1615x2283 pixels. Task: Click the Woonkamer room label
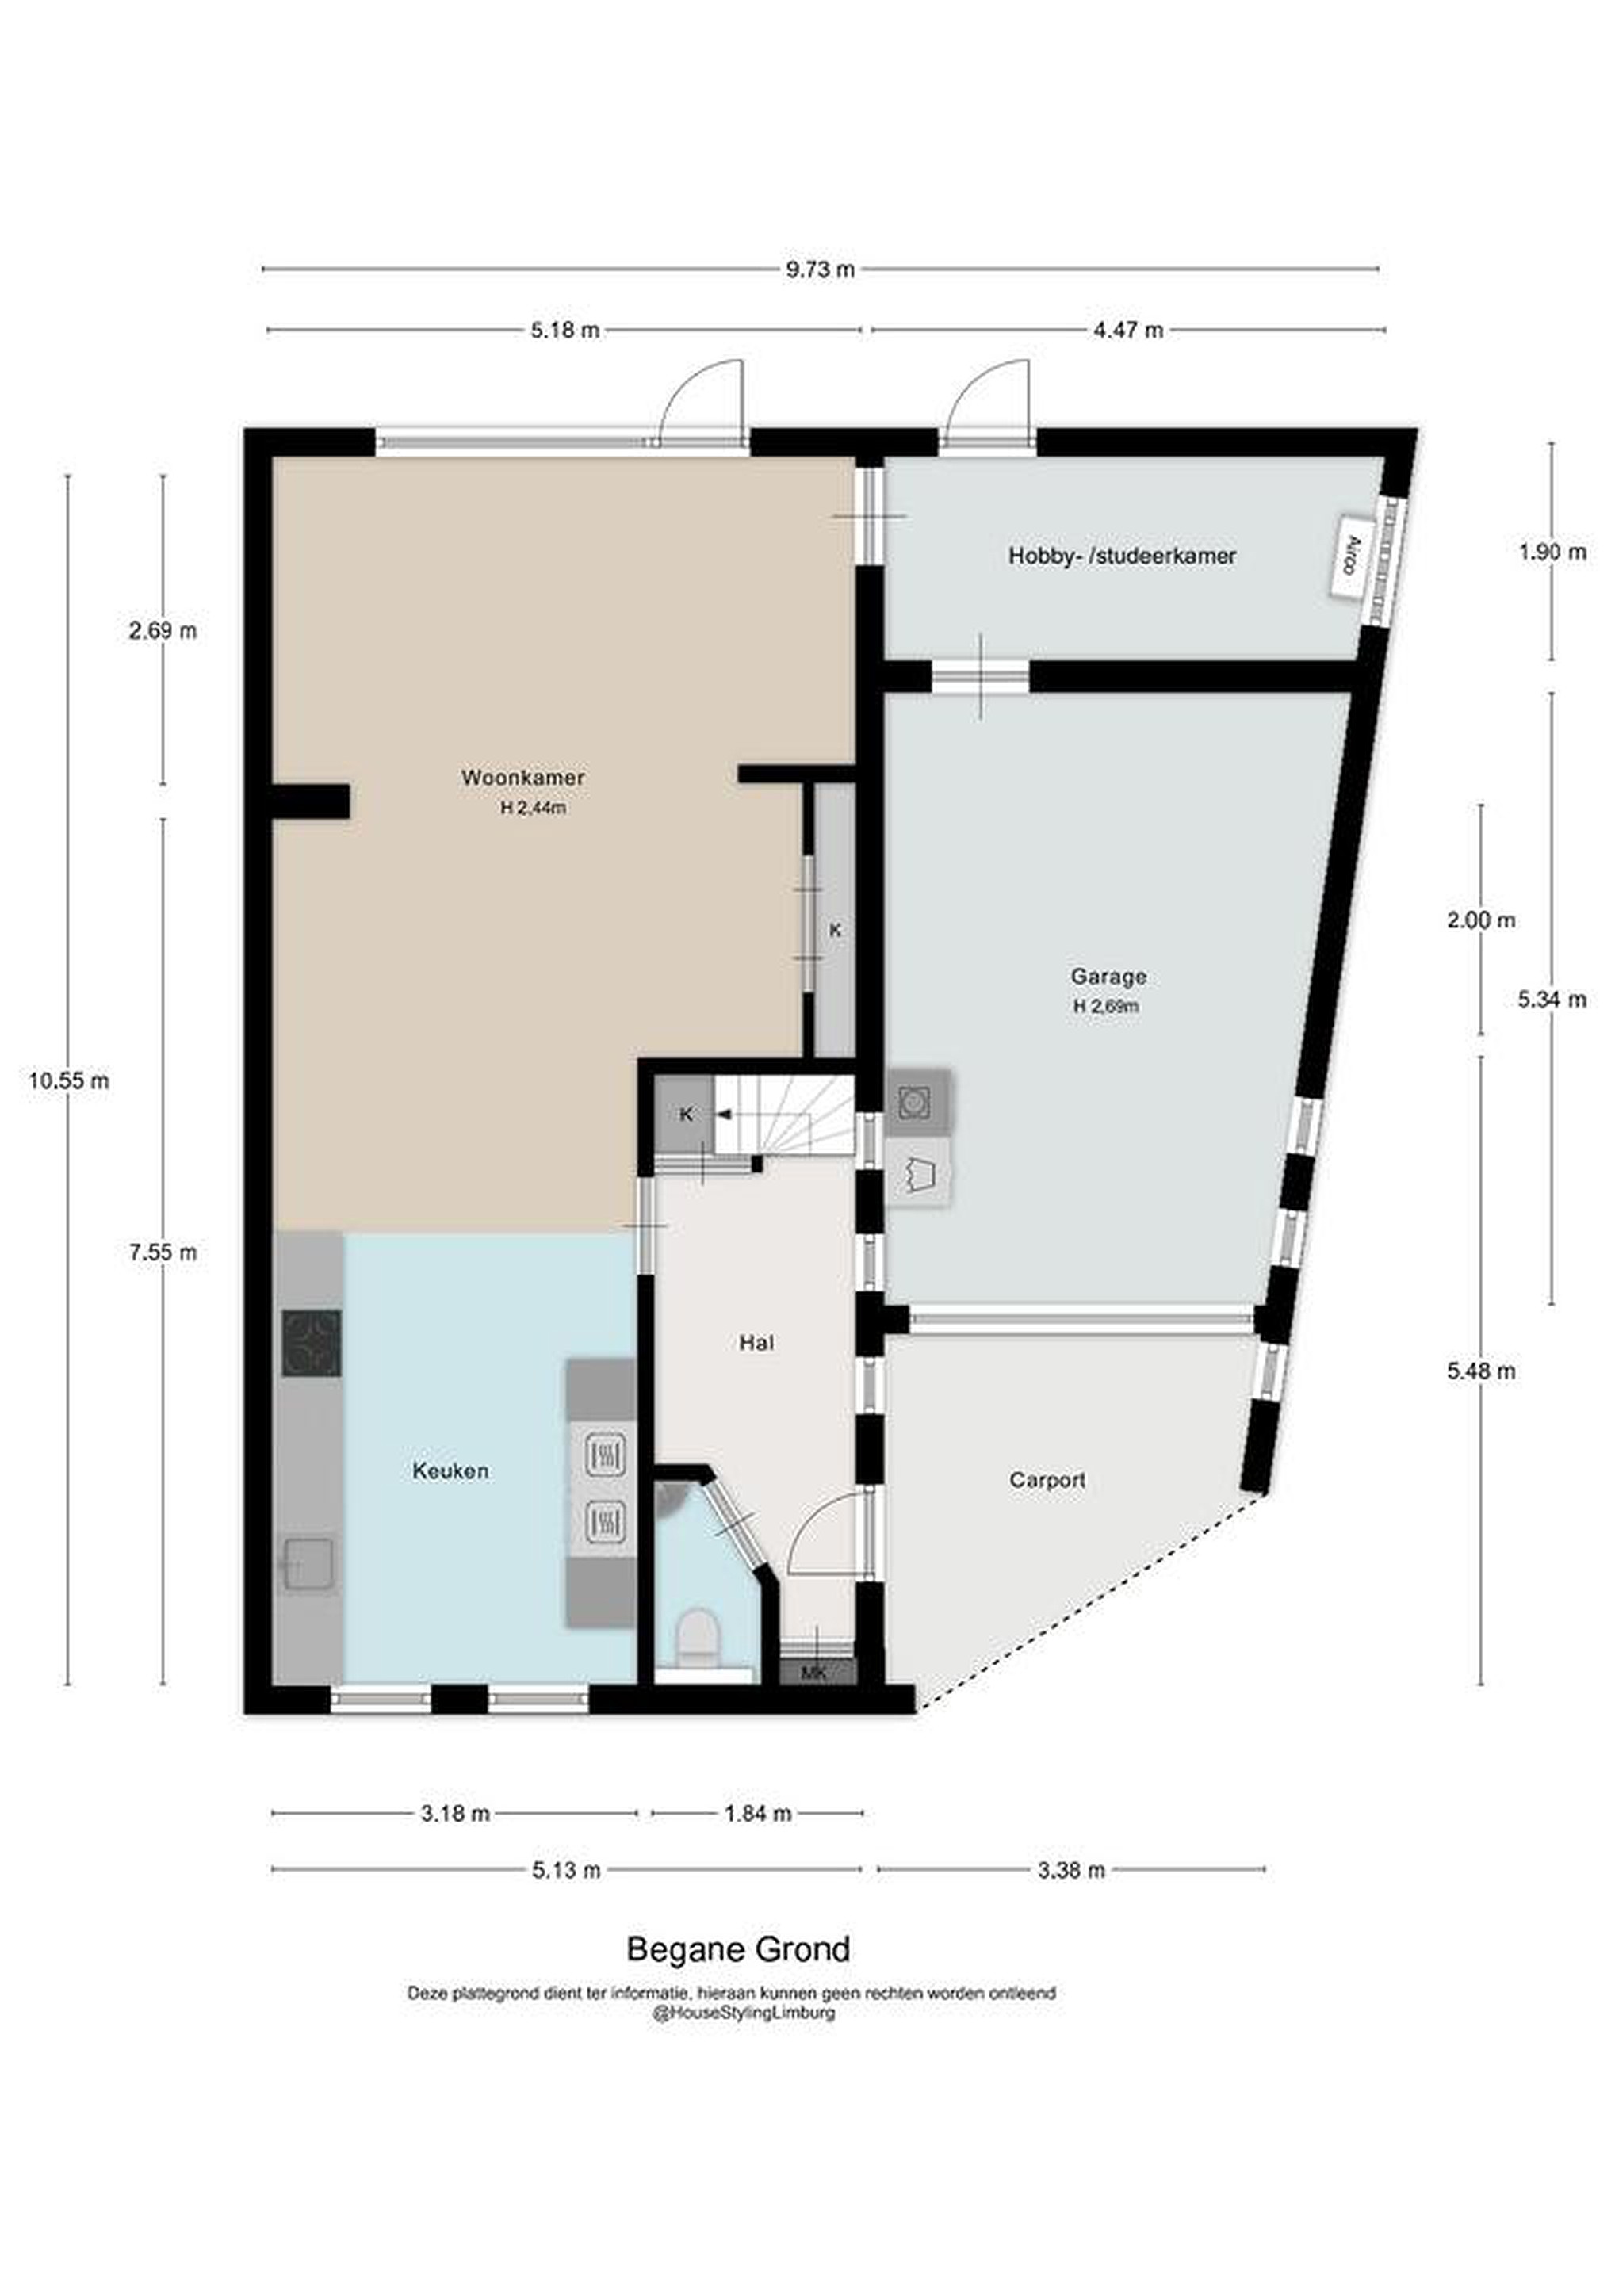pos(522,778)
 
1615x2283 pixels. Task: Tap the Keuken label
pos(450,1470)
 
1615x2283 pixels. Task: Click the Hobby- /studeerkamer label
pos(1122,556)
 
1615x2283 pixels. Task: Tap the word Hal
pos(757,1344)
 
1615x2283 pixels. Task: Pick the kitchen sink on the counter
pos(309,1565)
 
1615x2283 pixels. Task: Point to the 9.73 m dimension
pos(821,269)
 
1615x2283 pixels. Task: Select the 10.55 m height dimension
pos(69,1080)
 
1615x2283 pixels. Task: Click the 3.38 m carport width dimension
pos(1071,1869)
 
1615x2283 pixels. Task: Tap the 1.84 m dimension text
pos(758,1813)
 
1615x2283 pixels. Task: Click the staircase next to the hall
pos(786,1114)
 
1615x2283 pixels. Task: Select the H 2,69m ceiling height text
pos(1106,1006)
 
